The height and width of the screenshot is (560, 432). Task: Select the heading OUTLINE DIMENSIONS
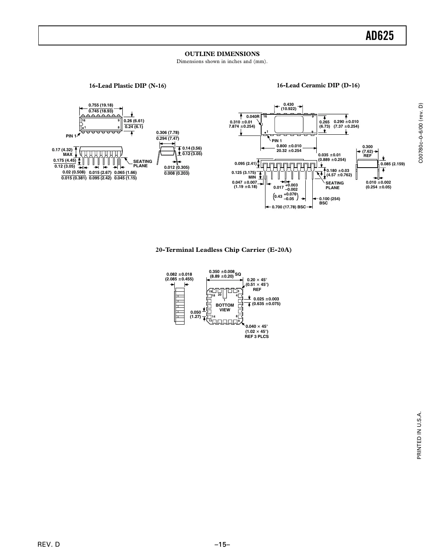click(x=222, y=54)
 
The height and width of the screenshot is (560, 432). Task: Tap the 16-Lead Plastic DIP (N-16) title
click(x=127, y=86)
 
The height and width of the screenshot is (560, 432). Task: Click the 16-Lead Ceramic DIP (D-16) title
click(x=318, y=85)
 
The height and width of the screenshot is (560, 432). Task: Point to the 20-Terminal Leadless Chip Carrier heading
click(x=223, y=250)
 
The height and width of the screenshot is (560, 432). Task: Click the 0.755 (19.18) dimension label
click(x=101, y=105)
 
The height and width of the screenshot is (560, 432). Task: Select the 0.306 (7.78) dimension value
click(x=167, y=133)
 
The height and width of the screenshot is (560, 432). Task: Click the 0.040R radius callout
click(x=253, y=116)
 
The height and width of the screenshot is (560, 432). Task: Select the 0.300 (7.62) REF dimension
click(x=367, y=151)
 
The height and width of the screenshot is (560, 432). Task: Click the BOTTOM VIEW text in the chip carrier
click(x=225, y=307)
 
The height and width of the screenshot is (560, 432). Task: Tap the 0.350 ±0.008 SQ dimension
click(x=225, y=274)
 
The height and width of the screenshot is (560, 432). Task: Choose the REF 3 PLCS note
click(x=256, y=336)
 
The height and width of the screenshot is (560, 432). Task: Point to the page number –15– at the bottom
click(x=222, y=544)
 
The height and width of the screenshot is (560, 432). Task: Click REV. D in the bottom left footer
click(x=48, y=544)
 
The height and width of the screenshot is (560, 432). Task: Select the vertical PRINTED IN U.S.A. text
click(x=419, y=436)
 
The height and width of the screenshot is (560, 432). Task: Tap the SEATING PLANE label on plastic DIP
click(x=142, y=164)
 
